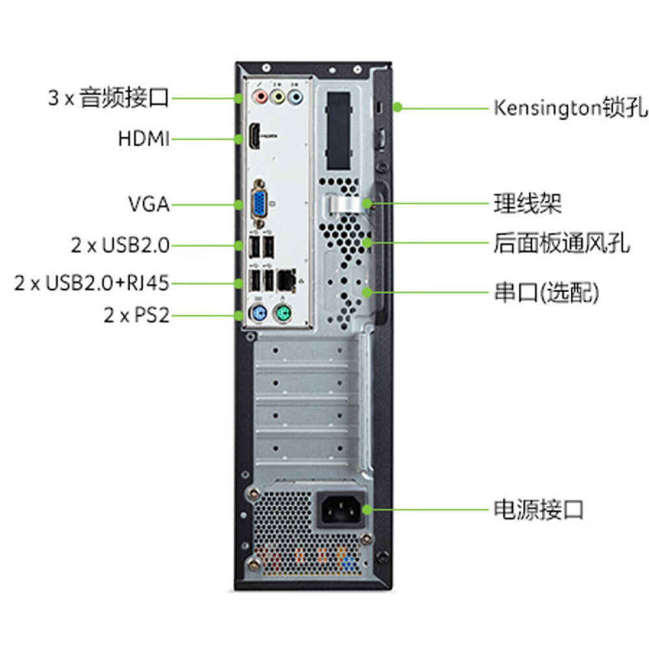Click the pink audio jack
261,97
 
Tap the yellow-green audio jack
278,97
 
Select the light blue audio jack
295,97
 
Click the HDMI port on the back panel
254,136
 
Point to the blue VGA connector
260,204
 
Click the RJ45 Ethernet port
286,280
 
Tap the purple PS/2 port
260,312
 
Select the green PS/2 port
283,313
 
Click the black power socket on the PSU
341,509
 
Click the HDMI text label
144,139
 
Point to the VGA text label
149,204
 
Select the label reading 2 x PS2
136,315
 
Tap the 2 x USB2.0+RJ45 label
92,283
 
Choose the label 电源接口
539,509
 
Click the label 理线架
527,203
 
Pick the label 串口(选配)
546,292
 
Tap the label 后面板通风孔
561,243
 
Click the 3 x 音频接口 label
108,98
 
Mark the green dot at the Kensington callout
397,107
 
